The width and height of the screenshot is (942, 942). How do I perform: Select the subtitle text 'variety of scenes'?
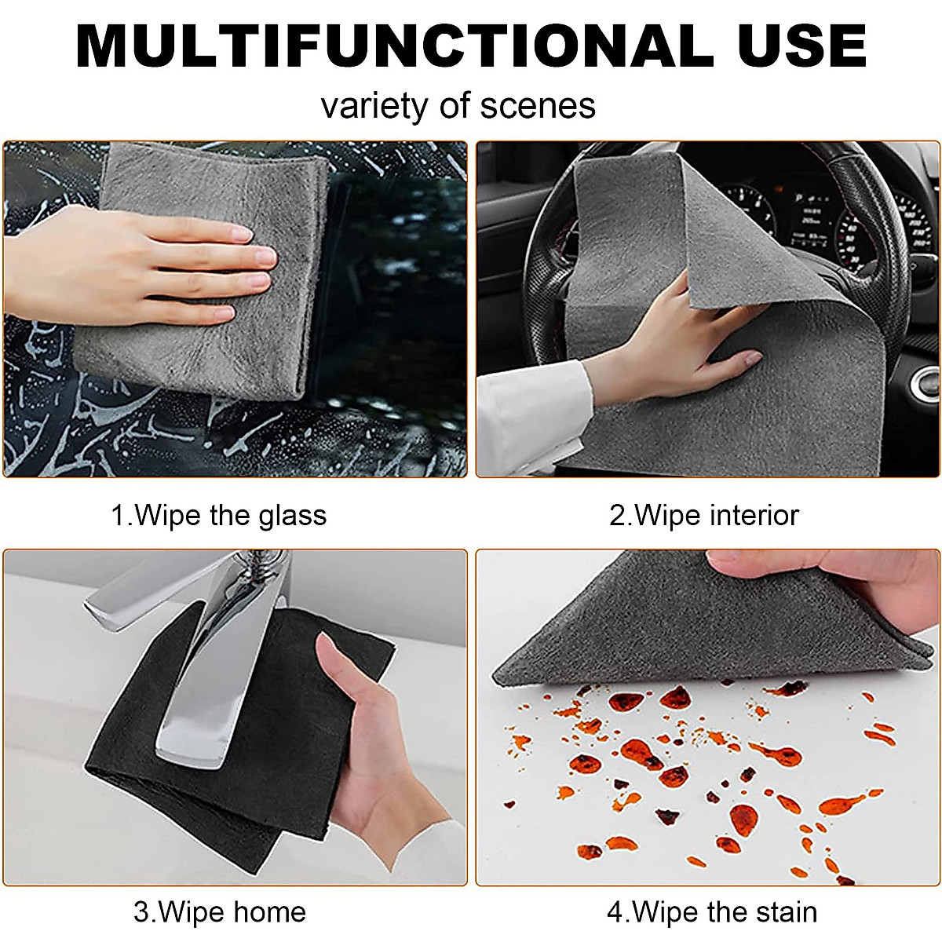pyautogui.click(x=458, y=106)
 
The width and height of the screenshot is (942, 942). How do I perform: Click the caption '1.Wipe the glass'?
pyautogui.click(x=218, y=516)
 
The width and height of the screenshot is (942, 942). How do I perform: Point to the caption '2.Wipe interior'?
pyautogui.click(x=704, y=516)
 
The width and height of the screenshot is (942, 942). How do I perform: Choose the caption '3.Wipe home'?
pyautogui.click(x=219, y=913)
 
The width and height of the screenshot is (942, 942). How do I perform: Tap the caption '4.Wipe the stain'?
pyautogui.click(x=712, y=913)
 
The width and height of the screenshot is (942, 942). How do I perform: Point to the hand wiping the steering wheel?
pyautogui.click(x=675, y=345)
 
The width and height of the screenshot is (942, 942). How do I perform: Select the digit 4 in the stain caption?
pyautogui.click(x=615, y=913)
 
